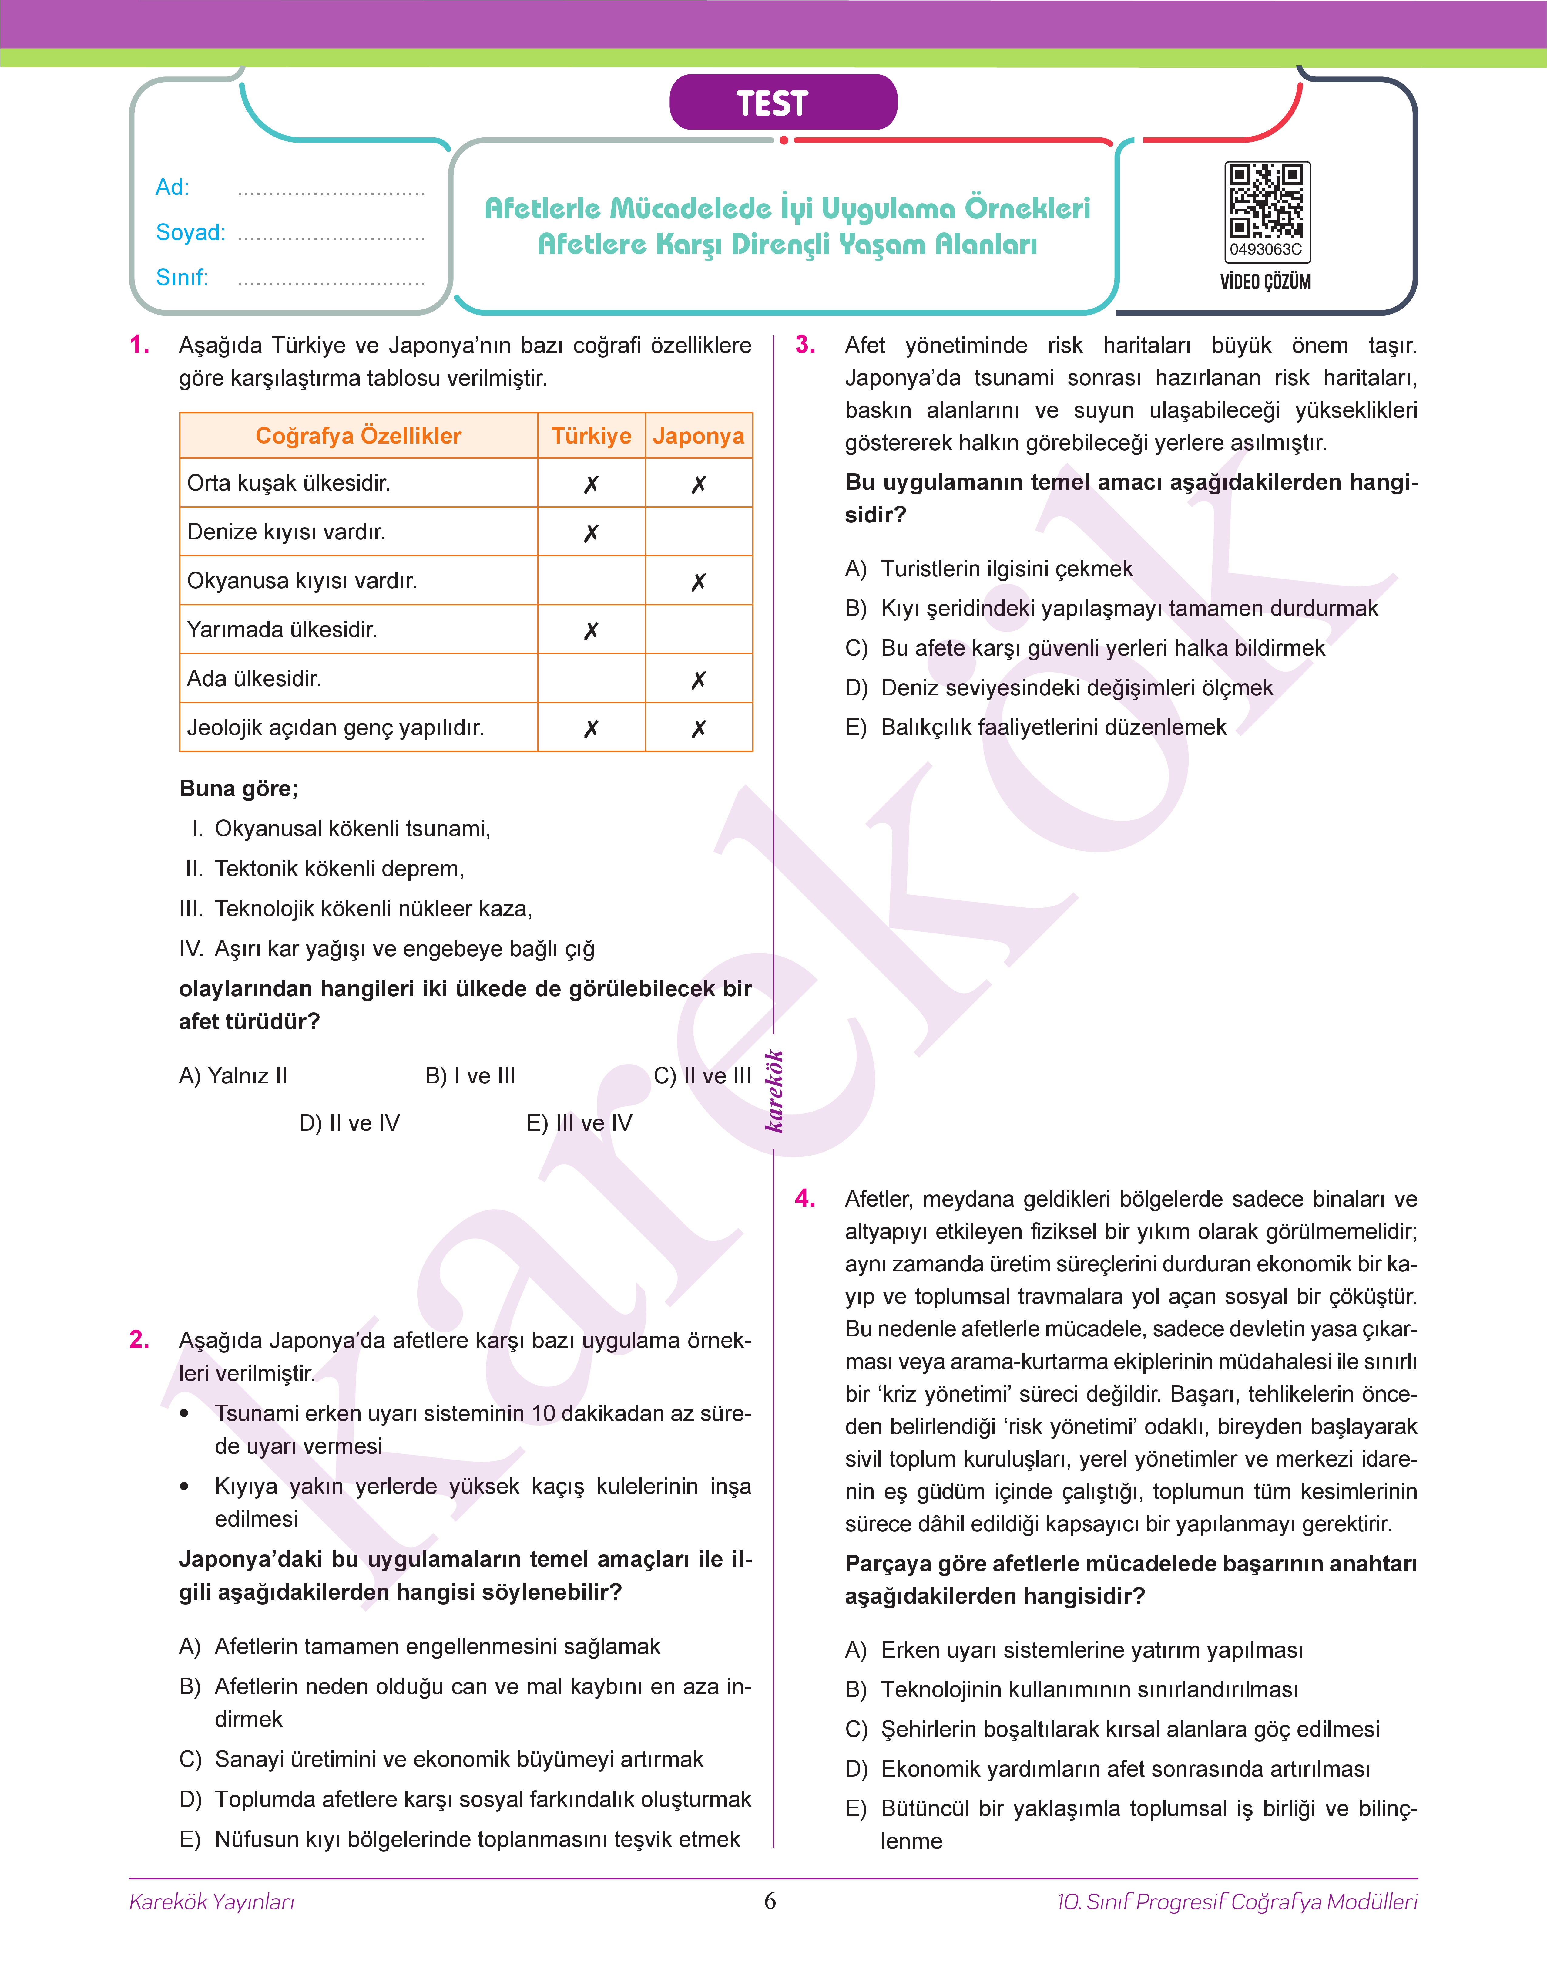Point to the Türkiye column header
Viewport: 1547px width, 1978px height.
592,436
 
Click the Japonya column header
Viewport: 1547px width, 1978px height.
698,436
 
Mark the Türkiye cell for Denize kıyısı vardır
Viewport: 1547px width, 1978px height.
592,532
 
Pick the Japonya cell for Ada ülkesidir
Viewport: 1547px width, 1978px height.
698,679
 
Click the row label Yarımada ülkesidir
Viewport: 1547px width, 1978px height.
282,630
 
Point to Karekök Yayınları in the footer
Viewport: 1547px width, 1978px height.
212,1902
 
